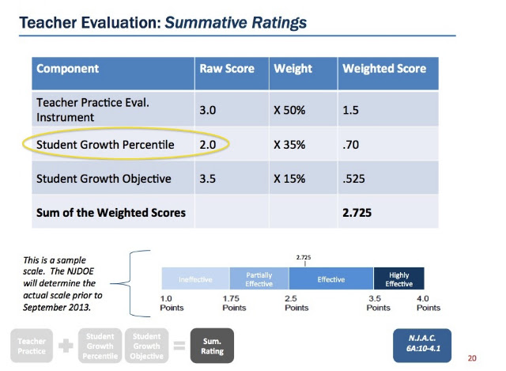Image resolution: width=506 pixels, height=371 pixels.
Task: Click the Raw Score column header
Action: (227, 69)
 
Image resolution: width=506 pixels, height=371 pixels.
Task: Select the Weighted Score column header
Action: (384, 69)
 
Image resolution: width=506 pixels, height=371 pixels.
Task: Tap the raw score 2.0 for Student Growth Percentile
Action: (207, 144)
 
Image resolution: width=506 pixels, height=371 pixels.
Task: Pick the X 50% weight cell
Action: (289, 110)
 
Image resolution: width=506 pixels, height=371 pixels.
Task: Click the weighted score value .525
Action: (353, 179)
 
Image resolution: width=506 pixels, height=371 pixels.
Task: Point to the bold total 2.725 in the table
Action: (357, 213)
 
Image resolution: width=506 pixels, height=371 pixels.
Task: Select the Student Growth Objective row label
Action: (104, 179)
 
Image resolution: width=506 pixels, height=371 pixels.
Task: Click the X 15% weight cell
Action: (289, 179)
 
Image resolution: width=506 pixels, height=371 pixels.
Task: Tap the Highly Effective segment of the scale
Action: (398, 278)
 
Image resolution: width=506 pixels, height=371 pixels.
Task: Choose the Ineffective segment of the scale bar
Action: (195, 278)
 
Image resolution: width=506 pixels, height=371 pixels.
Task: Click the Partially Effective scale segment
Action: (259, 278)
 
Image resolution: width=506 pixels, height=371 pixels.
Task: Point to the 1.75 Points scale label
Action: (234, 303)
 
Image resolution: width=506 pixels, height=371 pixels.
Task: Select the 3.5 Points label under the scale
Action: (378, 303)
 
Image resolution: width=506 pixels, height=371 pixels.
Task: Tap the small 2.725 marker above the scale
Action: (304, 257)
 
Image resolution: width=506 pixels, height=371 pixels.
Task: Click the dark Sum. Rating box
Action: (212, 346)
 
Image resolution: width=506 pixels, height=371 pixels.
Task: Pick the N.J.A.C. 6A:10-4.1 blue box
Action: (422, 346)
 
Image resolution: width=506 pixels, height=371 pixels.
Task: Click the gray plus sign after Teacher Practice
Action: (66, 346)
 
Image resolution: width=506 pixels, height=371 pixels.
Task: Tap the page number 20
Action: (472, 358)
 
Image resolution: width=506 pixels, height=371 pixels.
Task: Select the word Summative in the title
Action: (206, 23)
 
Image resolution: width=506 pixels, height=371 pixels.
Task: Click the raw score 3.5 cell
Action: (207, 179)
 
